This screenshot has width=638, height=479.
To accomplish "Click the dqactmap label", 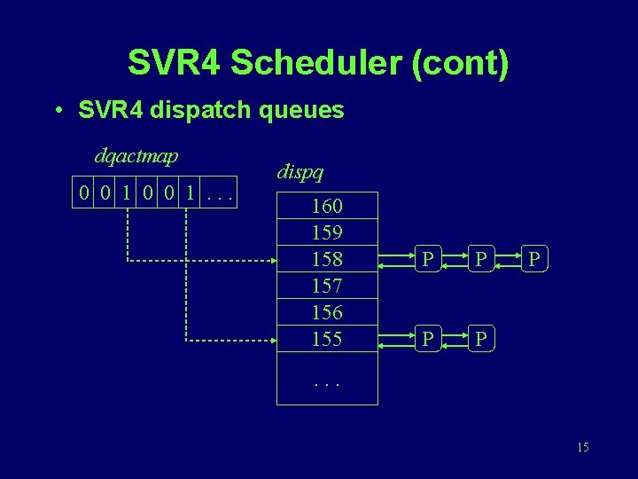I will (x=136, y=156).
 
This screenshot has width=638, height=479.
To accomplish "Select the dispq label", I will (x=300, y=171).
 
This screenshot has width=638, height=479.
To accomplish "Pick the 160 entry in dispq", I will (x=327, y=207).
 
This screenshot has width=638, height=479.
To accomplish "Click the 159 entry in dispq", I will (x=327, y=233).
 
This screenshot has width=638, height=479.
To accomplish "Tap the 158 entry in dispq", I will (x=327, y=260).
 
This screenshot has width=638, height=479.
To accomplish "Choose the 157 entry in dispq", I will (x=327, y=287).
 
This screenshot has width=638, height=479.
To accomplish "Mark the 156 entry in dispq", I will (x=327, y=312).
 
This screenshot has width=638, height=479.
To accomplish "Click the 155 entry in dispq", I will (x=327, y=339).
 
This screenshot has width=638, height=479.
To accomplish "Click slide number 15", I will (x=582, y=447).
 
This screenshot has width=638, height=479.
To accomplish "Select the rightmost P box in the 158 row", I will (x=533, y=260).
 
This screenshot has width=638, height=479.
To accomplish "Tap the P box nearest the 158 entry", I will (x=428, y=260).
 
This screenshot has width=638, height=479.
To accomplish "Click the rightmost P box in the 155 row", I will (x=481, y=339).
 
